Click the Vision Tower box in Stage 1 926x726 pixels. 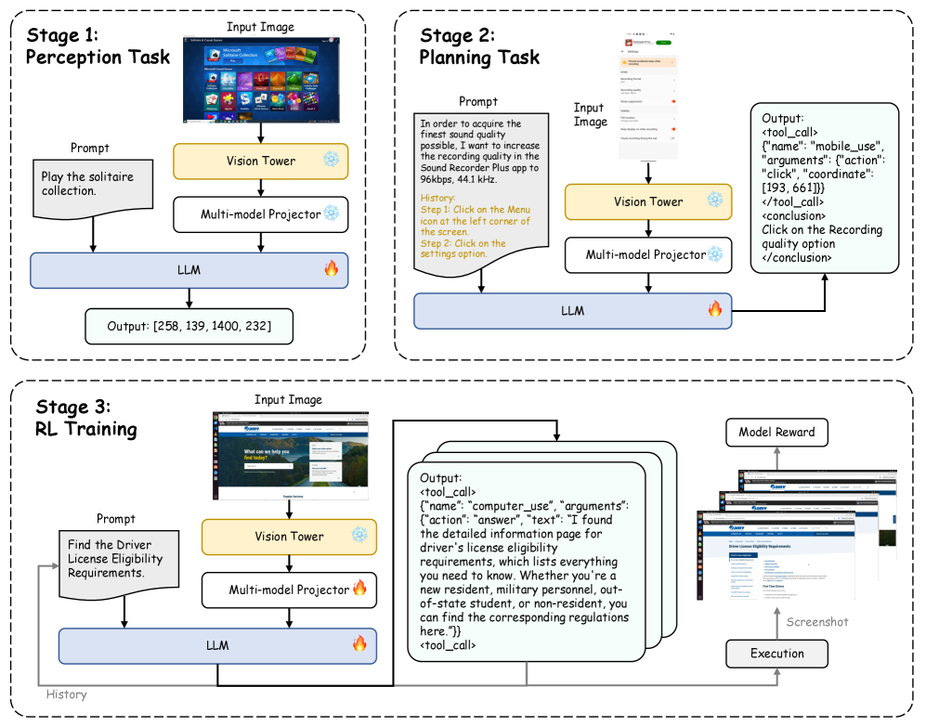click(260, 162)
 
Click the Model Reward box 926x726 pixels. click(776, 432)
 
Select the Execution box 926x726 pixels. click(776, 654)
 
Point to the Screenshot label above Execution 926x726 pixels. click(817, 622)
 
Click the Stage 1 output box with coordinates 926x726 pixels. click(189, 326)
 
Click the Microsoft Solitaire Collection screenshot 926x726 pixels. click(261, 79)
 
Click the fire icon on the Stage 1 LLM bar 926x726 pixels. click(331, 270)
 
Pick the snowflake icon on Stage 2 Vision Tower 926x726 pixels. click(714, 201)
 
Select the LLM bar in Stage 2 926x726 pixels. click(572, 310)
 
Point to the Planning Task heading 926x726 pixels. click(479, 58)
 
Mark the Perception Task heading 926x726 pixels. click(98, 58)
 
